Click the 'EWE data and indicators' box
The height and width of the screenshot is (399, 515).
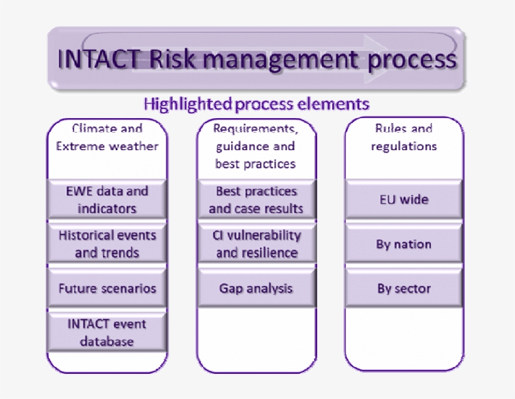pos(107,200)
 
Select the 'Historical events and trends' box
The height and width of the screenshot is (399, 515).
pos(107,244)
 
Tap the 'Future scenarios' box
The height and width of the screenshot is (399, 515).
pos(107,288)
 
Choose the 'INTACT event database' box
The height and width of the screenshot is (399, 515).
pos(107,332)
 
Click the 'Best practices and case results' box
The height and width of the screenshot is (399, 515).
pos(256,200)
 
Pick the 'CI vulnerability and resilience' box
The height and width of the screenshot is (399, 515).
pos(256,244)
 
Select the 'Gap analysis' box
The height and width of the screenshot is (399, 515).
pos(256,288)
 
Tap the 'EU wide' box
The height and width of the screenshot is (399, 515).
pos(404,200)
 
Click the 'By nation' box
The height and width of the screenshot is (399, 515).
pos(404,244)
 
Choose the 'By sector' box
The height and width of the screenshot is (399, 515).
pos(404,288)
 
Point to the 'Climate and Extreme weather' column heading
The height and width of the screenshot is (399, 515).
pos(107,138)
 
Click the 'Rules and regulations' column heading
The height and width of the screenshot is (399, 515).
pos(404,138)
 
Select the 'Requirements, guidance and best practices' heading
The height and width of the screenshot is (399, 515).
pos(256,146)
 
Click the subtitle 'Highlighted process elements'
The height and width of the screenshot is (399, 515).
pos(256,104)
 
